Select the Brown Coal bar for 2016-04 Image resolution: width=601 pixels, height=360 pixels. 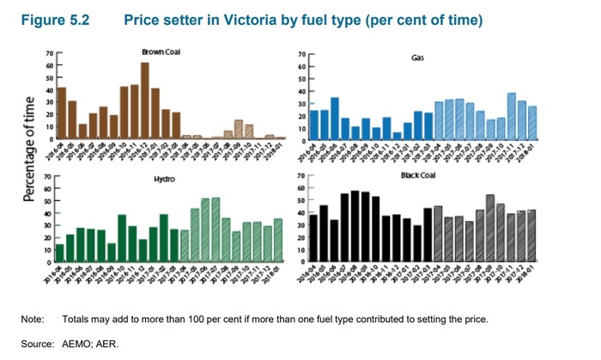tap(62, 113)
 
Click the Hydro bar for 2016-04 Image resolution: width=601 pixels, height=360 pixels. tap(60, 250)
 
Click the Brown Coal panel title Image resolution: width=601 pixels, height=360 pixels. tap(161, 53)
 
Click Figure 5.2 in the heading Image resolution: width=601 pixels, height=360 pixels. tap(54, 19)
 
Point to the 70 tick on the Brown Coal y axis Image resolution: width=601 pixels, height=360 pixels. tap(49, 53)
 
